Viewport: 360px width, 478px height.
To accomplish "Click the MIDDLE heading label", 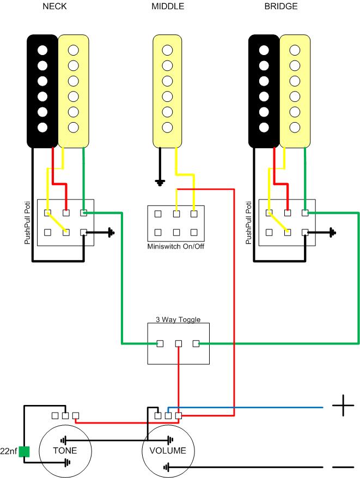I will [168, 7].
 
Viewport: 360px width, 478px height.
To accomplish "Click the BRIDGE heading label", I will [280, 7].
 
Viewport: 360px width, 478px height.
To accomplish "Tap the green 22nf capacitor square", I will [24, 452].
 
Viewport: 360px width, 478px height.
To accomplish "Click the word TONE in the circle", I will [65, 451].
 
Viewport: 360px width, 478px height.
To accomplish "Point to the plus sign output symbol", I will [343, 407].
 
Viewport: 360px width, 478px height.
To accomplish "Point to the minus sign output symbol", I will [343, 467].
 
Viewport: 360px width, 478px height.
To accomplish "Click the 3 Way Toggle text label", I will [179, 319].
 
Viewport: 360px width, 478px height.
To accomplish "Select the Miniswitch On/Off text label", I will [175, 246].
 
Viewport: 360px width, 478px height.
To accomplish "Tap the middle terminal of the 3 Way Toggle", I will [179, 343].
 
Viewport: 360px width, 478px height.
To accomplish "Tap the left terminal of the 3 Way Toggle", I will [160, 343].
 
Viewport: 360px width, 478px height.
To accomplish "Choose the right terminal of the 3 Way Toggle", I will [197, 343].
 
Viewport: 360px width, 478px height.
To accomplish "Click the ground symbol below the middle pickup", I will [160, 183].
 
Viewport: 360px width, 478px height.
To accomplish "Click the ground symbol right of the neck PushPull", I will [111, 233].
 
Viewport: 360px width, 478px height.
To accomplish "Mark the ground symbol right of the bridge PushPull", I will [333, 233].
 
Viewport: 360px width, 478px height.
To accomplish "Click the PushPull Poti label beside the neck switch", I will [28, 223].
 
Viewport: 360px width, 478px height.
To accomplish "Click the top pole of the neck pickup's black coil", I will [42, 50].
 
